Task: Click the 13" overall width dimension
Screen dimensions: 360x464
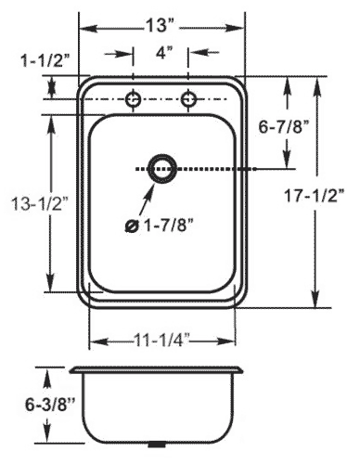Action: tap(161, 25)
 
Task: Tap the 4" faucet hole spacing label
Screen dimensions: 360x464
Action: tap(163, 53)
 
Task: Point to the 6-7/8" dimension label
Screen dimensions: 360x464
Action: tap(284, 127)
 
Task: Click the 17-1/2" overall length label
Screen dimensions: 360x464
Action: tap(315, 196)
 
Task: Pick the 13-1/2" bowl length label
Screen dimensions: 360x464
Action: tap(40, 204)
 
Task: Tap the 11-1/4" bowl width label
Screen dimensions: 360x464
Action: tap(162, 342)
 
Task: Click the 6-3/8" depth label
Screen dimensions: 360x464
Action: tap(50, 405)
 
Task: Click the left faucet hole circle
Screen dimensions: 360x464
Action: tap(134, 99)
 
